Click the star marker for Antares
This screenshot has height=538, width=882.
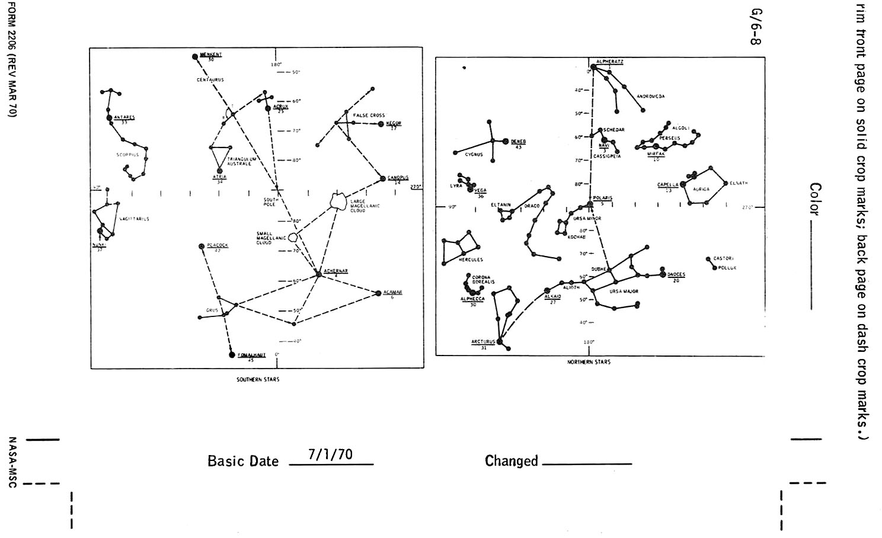[110, 118]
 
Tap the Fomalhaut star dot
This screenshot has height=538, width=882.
[232, 355]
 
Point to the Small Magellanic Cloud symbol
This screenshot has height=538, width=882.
[293, 237]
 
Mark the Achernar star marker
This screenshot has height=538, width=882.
[319, 274]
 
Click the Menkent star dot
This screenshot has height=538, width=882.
[195, 57]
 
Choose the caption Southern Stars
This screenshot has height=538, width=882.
[258, 379]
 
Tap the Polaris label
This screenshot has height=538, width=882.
[602, 198]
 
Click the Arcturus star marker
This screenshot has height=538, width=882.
[499, 341]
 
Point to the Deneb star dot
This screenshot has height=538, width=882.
[506, 141]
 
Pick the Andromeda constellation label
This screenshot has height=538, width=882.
[651, 96]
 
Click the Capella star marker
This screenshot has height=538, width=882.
[682, 185]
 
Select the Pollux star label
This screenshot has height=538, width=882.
[727, 268]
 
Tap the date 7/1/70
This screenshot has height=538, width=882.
[330, 454]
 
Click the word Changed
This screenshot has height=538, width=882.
[511, 461]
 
